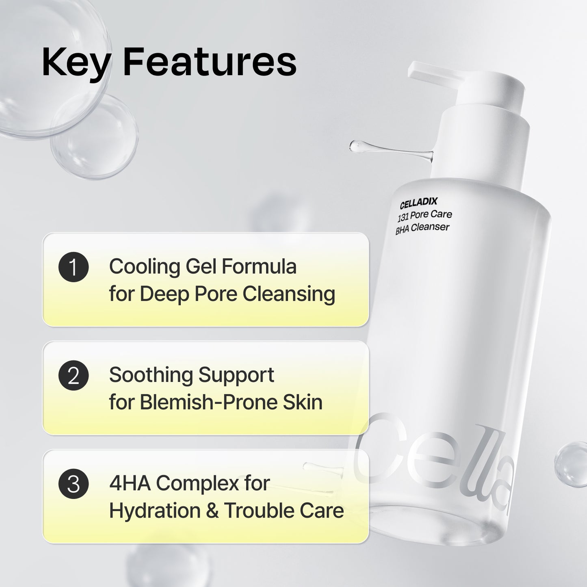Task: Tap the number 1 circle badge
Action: [x=74, y=267]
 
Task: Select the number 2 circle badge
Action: [x=74, y=376]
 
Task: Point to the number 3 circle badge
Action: [x=74, y=484]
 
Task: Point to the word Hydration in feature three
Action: [x=154, y=511]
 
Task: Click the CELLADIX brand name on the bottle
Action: [x=418, y=202]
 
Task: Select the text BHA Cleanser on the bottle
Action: [x=422, y=228]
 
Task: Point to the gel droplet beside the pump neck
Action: [x=360, y=145]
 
